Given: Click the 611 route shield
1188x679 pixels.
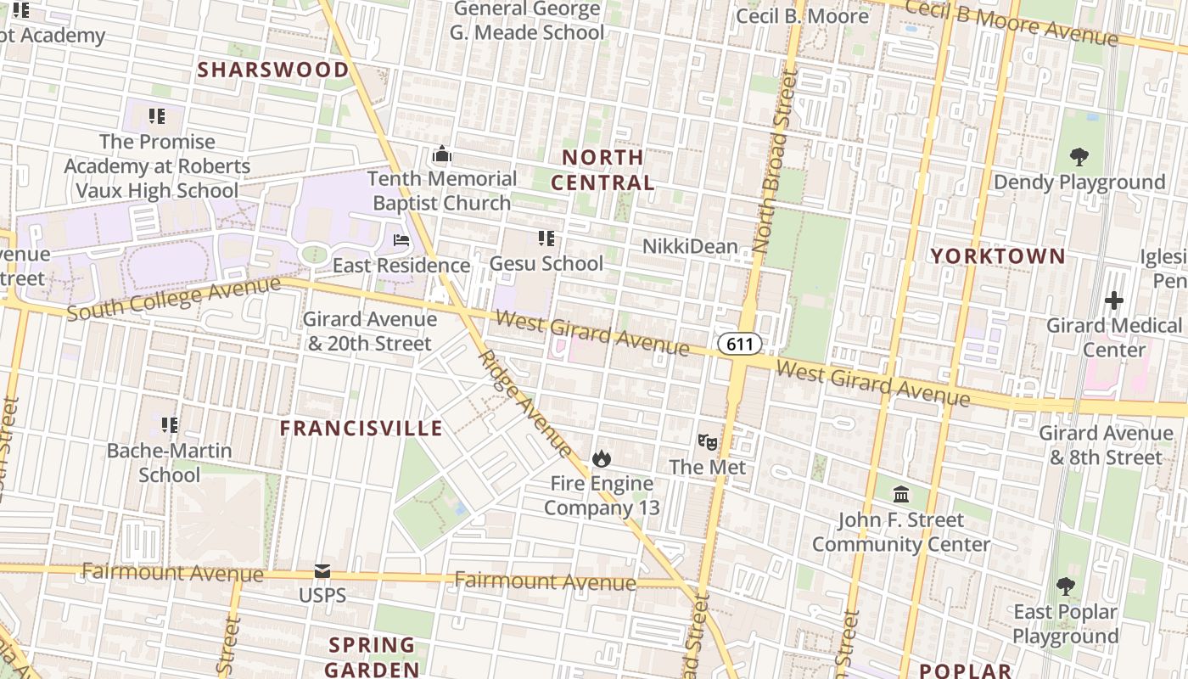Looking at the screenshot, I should (739, 344).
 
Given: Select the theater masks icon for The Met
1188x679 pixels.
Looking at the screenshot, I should (707, 441).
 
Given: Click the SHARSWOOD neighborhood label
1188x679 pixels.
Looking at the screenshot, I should (273, 70).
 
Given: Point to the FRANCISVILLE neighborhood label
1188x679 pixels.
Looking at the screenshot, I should (361, 429).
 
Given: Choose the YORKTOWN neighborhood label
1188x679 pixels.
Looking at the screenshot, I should (998, 256).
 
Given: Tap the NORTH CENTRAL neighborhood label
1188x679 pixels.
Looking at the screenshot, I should (602, 170).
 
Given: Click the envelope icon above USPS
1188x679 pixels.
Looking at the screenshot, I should (322, 571).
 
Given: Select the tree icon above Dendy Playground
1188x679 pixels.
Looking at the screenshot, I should (1079, 156).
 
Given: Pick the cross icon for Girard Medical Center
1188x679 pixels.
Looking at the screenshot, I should (1114, 300).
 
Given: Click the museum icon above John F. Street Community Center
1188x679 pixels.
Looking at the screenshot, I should (901, 494).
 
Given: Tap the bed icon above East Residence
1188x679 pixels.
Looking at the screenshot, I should (401, 240).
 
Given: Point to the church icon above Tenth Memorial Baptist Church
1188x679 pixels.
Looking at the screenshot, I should (441, 154).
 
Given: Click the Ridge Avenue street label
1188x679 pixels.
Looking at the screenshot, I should (525, 401).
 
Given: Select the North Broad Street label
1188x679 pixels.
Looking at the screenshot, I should (771, 164).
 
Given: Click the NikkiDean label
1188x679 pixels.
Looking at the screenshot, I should (690, 246).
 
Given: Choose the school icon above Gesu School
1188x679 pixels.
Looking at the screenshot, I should (546, 238).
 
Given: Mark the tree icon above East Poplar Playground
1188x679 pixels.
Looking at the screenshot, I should (1066, 586).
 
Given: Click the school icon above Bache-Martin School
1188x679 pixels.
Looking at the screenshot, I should (170, 424).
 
